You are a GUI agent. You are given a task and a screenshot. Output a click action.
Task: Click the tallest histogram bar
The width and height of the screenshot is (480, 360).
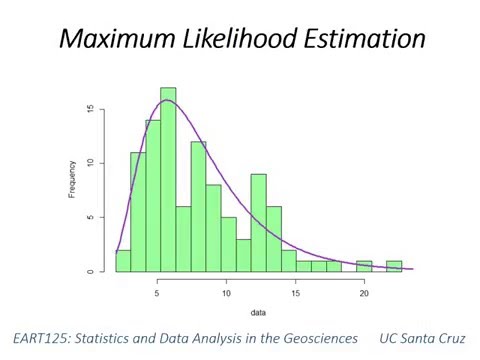click(168, 180)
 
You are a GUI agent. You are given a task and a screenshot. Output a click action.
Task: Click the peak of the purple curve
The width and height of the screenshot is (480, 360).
click(166, 100)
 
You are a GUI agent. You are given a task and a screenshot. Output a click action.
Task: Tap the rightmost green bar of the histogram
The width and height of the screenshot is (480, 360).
click(394, 267)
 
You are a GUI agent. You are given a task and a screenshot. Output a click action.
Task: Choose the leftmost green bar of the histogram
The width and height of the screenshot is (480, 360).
click(123, 261)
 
